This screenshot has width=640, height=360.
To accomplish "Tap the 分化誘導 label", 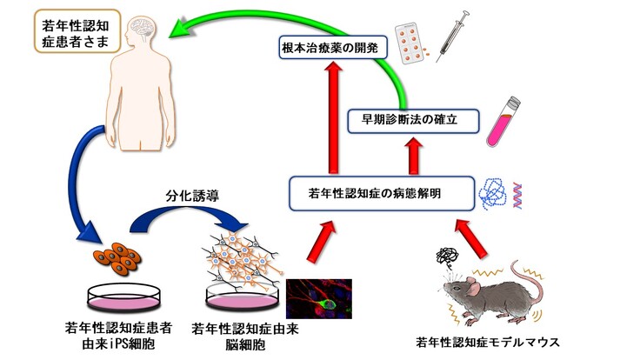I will pos(189,197).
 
